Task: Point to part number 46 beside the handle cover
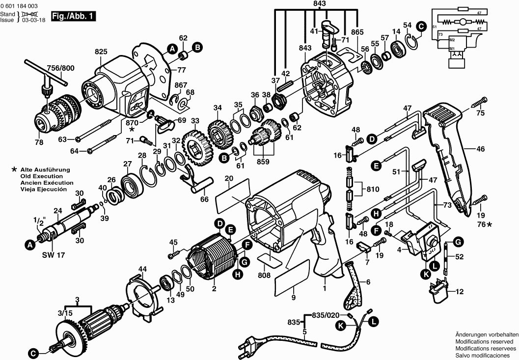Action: click(x=480, y=148)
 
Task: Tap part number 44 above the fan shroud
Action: click(x=142, y=269)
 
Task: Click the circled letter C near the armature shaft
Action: click(x=32, y=353)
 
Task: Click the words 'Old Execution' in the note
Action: click(x=41, y=176)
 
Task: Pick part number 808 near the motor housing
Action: click(x=264, y=276)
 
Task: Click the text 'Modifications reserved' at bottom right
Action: click(x=485, y=341)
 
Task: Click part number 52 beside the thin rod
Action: click(x=459, y=257)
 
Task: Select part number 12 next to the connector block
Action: click(x=459, y=292)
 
